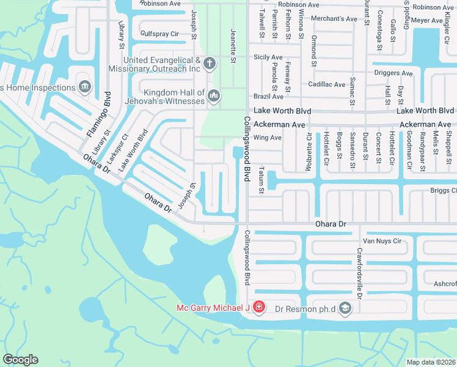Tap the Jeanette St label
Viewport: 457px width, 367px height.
point(233,46)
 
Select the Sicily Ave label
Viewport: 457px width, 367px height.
point(269,57)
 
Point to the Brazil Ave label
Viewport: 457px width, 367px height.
point(269,97)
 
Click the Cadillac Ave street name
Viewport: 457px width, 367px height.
point(327,84)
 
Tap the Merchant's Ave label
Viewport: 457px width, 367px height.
point(334,19)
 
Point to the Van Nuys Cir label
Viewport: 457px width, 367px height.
point(382,241)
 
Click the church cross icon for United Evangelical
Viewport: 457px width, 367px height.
point(210,64)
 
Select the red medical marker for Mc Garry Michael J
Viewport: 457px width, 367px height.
point(258,307)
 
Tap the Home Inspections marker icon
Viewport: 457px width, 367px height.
point(84,86)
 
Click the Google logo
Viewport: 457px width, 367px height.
point(20,359)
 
